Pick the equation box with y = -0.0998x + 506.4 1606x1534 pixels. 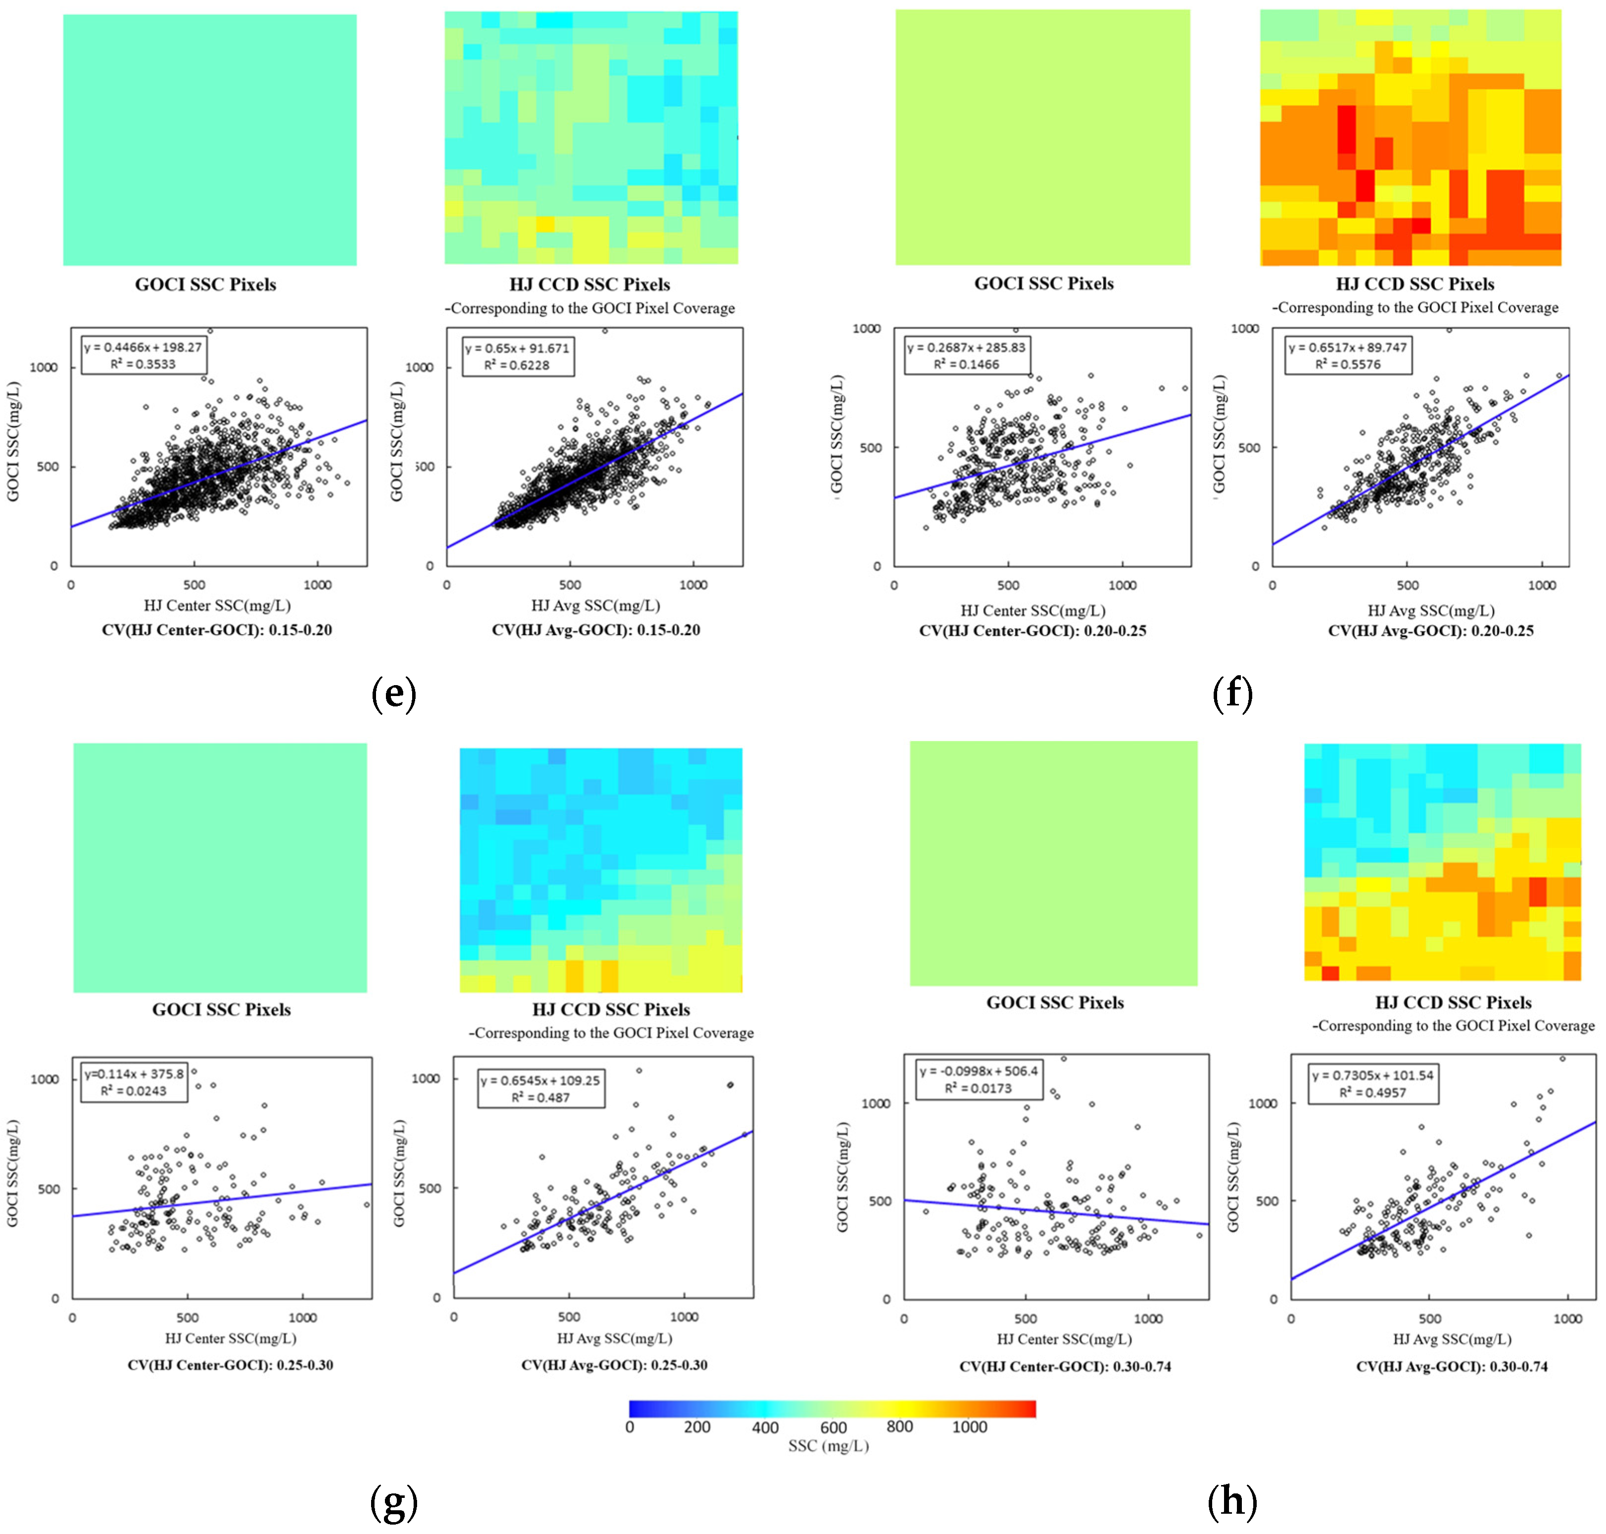[978, 1079]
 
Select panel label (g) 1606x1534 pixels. [393, 1501]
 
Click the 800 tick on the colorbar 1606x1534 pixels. [899, 1427]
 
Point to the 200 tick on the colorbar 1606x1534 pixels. [697, 1427]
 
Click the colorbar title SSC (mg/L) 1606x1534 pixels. [828, 1445]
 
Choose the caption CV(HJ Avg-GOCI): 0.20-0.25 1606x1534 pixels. [1430, 630]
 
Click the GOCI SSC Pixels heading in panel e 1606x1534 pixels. [205, 284]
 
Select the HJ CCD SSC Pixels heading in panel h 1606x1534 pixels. [1453, 1003]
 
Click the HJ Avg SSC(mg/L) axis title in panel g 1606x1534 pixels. [614, 1338]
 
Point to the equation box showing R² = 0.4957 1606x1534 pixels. [1372, 1083]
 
